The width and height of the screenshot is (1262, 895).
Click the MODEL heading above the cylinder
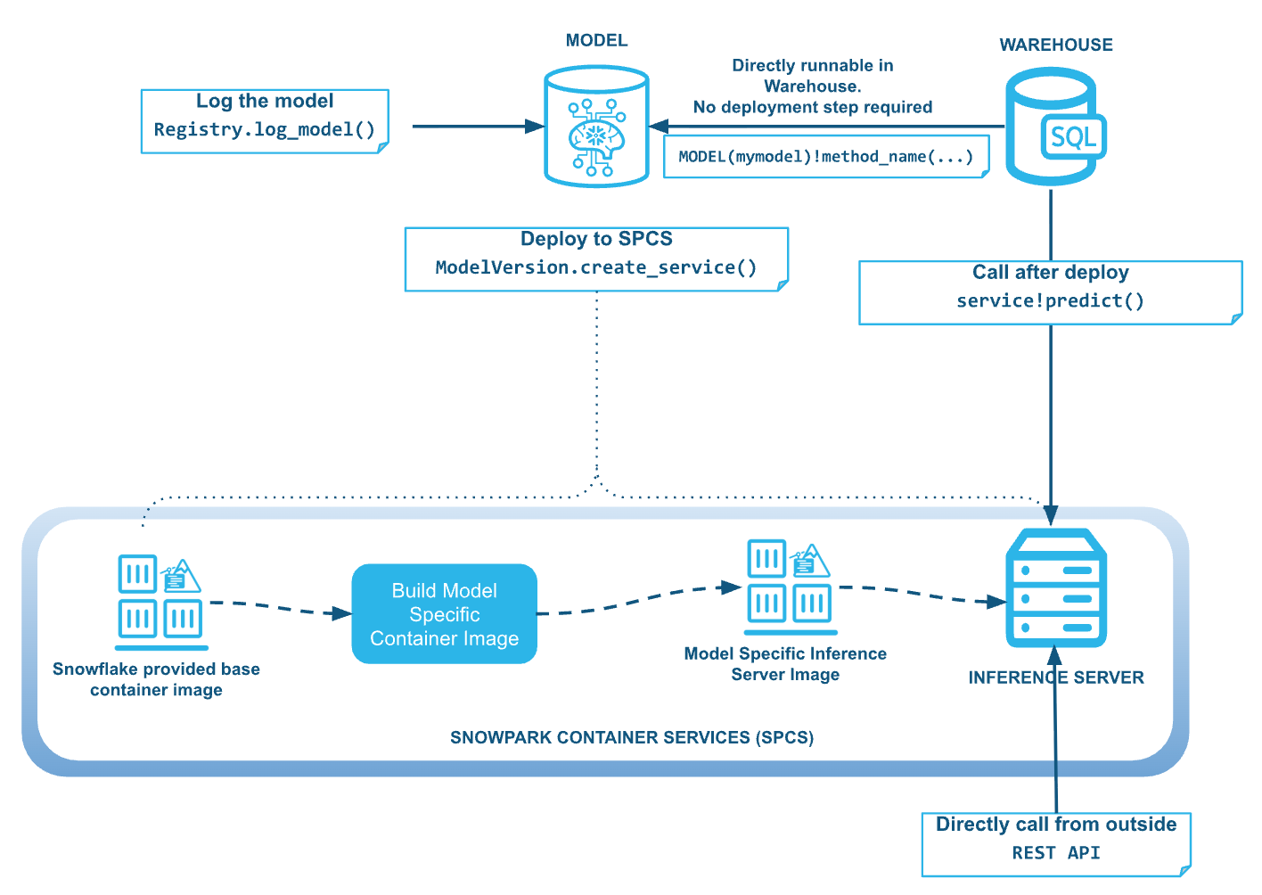596,41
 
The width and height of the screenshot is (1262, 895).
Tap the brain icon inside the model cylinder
596,135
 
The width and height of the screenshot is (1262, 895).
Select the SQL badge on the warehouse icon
1073,137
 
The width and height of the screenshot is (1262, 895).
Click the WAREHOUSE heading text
1055,45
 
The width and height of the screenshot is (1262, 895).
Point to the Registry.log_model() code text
265,130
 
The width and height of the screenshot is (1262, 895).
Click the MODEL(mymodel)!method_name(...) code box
825,157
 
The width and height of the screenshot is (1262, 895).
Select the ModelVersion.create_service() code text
596,267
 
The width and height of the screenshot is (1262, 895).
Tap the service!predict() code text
1050,301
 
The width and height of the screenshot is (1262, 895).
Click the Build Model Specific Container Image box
444,614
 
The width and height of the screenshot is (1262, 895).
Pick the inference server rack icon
1055,588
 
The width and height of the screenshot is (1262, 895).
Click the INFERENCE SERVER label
1055,677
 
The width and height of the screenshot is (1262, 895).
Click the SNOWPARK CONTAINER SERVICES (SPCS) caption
631,737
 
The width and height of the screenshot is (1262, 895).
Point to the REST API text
1055,853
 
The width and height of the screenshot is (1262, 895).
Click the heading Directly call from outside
1055,825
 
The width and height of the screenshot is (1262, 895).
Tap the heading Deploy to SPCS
596,239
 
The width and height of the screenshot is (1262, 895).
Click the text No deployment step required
812,108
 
